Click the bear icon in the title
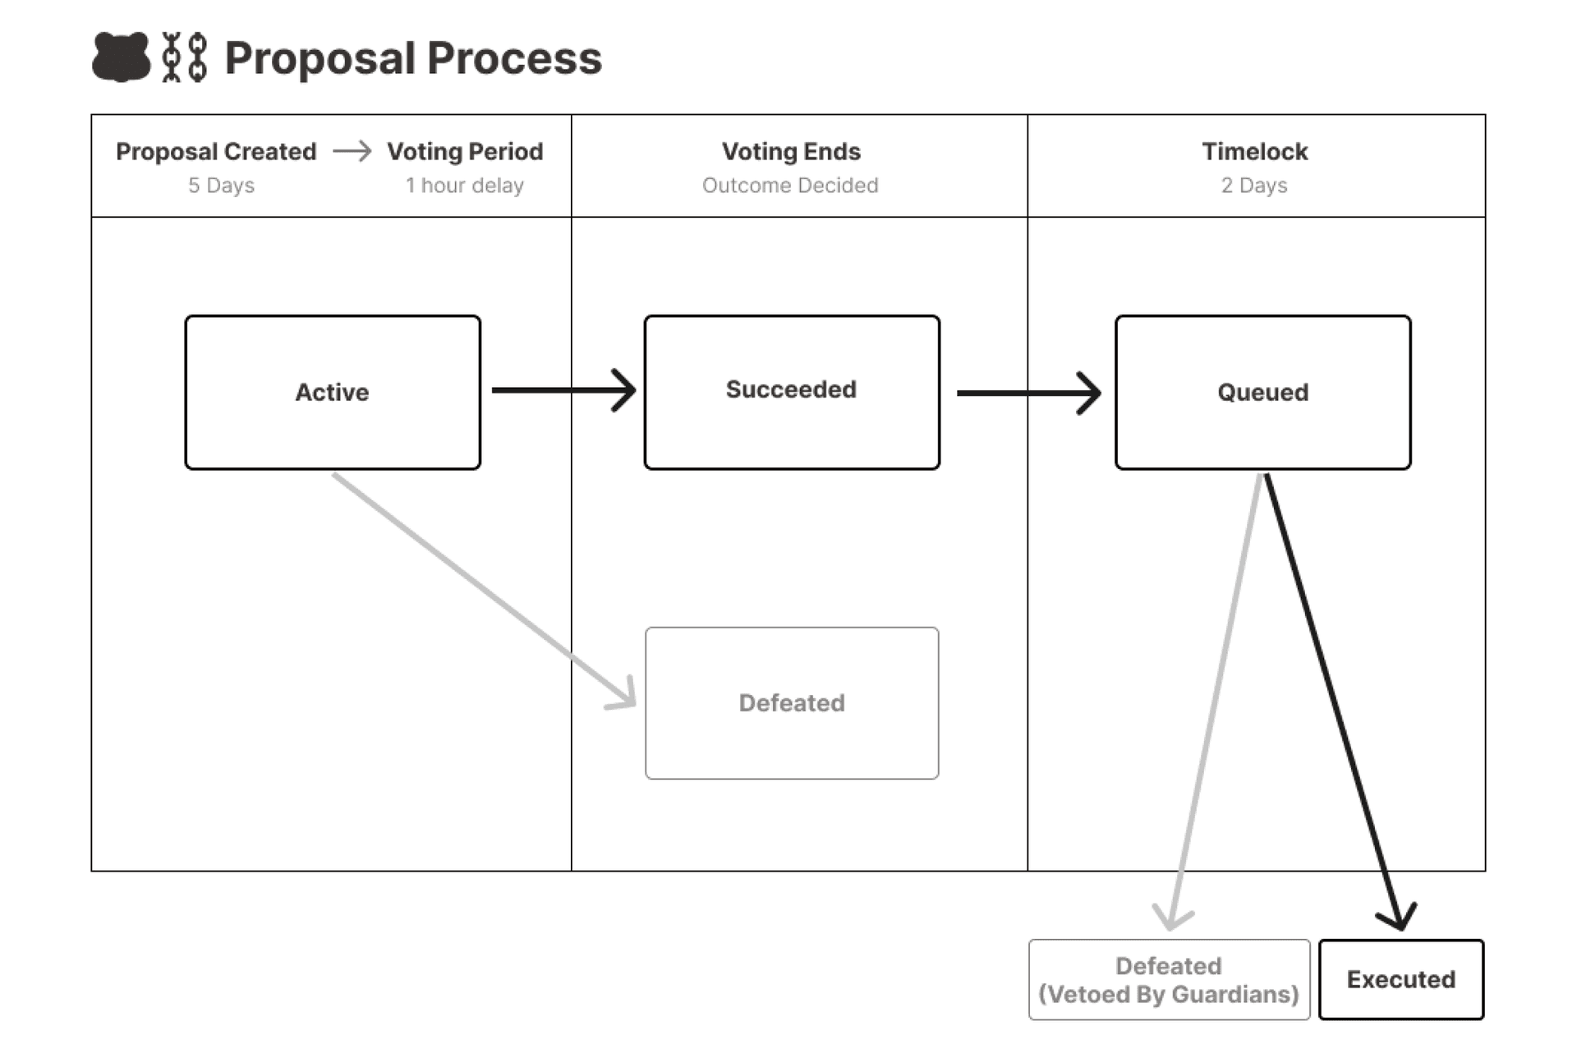click(x=121, y=57)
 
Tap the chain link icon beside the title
click(x=185, y=58)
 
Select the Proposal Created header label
click(x=216, y=152)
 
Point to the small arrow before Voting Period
click(x=352, y=152)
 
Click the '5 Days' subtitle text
click(x=221, y=186)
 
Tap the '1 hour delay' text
click(x=464, y=186)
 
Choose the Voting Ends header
click(x=791, y=152)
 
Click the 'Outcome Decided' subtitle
click(x=790, y=186)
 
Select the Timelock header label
click(x=1254, y=152)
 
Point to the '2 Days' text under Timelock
click(x=1254, y=186)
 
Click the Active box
click(x=333, y=392)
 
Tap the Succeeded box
click(x=792, y=392)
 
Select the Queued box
click(x=1262, y=392)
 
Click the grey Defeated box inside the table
click(x=792, y=703)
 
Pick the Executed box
click(x=1400, y=979)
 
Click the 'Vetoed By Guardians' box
click(x=1169, y=979)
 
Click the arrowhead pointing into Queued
click(x=1091, y=393)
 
